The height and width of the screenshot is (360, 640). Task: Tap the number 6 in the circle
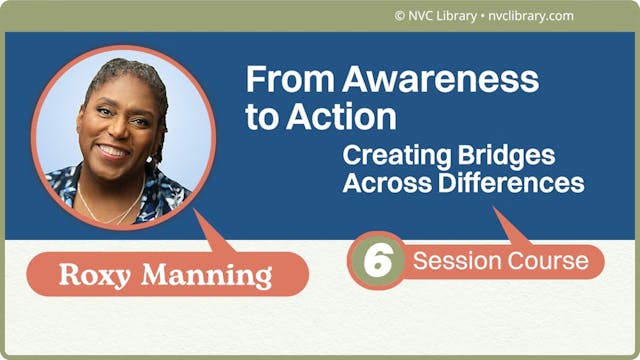[377, 261]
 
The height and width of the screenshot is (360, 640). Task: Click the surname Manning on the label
[209, 275]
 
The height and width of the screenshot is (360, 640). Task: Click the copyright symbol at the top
[400, 16]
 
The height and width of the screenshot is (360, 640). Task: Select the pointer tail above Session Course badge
[512, 228]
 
